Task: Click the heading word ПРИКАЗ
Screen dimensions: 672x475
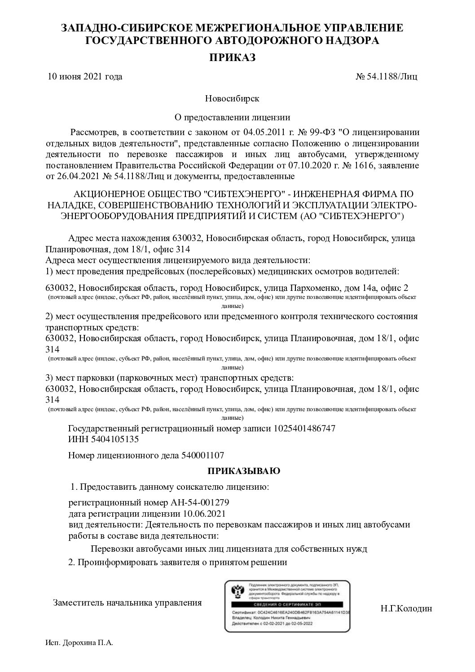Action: pos(232,57)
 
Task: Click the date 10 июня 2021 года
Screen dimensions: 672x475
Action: pos(85,76)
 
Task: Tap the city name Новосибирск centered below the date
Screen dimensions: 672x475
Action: pos(232,98)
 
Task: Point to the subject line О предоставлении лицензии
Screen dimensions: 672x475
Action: pos(232,118)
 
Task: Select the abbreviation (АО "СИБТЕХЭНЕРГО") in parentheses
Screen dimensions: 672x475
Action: pos(352,216)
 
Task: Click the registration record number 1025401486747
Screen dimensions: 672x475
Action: pos(304,428)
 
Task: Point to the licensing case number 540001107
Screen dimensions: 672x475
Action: pos(202,455)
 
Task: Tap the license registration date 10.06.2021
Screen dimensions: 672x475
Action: pos(205,513)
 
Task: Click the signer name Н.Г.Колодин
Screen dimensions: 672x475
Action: pos(406,609)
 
